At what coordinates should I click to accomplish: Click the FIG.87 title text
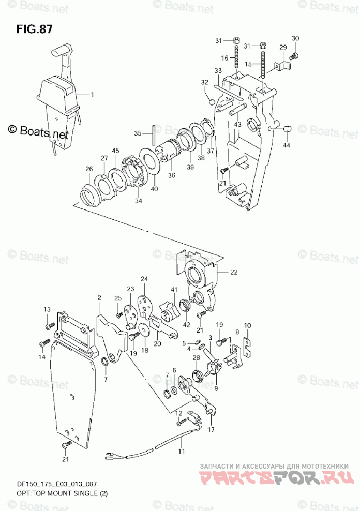[x=34, y=29]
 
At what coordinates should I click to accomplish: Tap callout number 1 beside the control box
[x=92, y=95]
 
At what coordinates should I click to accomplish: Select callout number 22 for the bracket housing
[x=234, y=272]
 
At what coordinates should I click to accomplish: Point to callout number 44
[x=286, y=145]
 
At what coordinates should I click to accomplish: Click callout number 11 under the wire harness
[x=182, y=451]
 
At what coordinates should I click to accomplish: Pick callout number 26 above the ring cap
[x=89, y=169]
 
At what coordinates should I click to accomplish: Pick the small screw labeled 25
[x=119, y=315]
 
